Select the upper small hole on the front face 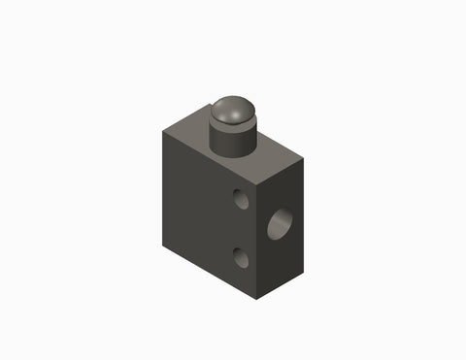[x=241, y=200]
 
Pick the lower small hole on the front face [x=240, y=257]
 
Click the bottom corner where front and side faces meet [x=257, y=298]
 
